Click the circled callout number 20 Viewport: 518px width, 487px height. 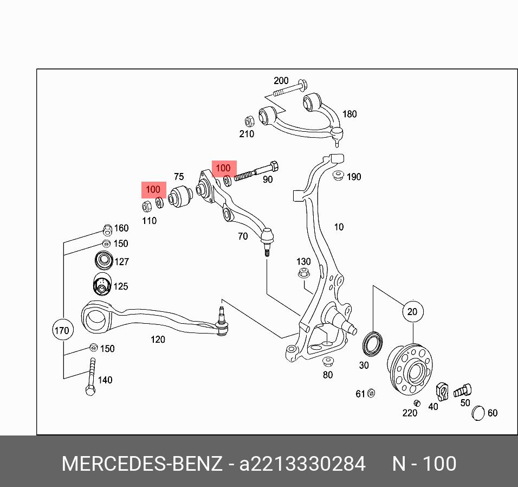(x=413, y=312)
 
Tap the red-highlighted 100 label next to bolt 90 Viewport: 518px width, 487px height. (x=223, y=168)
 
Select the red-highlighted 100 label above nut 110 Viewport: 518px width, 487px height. (x=153, y=190)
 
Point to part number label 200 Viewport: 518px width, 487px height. (x=281, y=81)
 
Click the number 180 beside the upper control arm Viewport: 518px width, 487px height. (x=349, y=114)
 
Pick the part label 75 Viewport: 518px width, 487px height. (x=179, y=177)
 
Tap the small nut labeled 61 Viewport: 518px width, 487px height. (x=371, y=393)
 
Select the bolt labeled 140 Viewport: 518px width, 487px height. (x=90, y=376)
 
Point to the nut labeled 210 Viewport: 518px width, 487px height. (x=250, y=120)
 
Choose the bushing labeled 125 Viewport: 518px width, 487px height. (x=100, y=285)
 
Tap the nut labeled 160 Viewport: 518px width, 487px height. (x=107, y=229)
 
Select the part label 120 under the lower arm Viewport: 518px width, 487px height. (x=158, y=339)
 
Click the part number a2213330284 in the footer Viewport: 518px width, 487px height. (x=303, y=464)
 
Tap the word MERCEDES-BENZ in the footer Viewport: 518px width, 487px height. (x=141, y=464)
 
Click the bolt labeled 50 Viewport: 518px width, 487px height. (x=462, y=389)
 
